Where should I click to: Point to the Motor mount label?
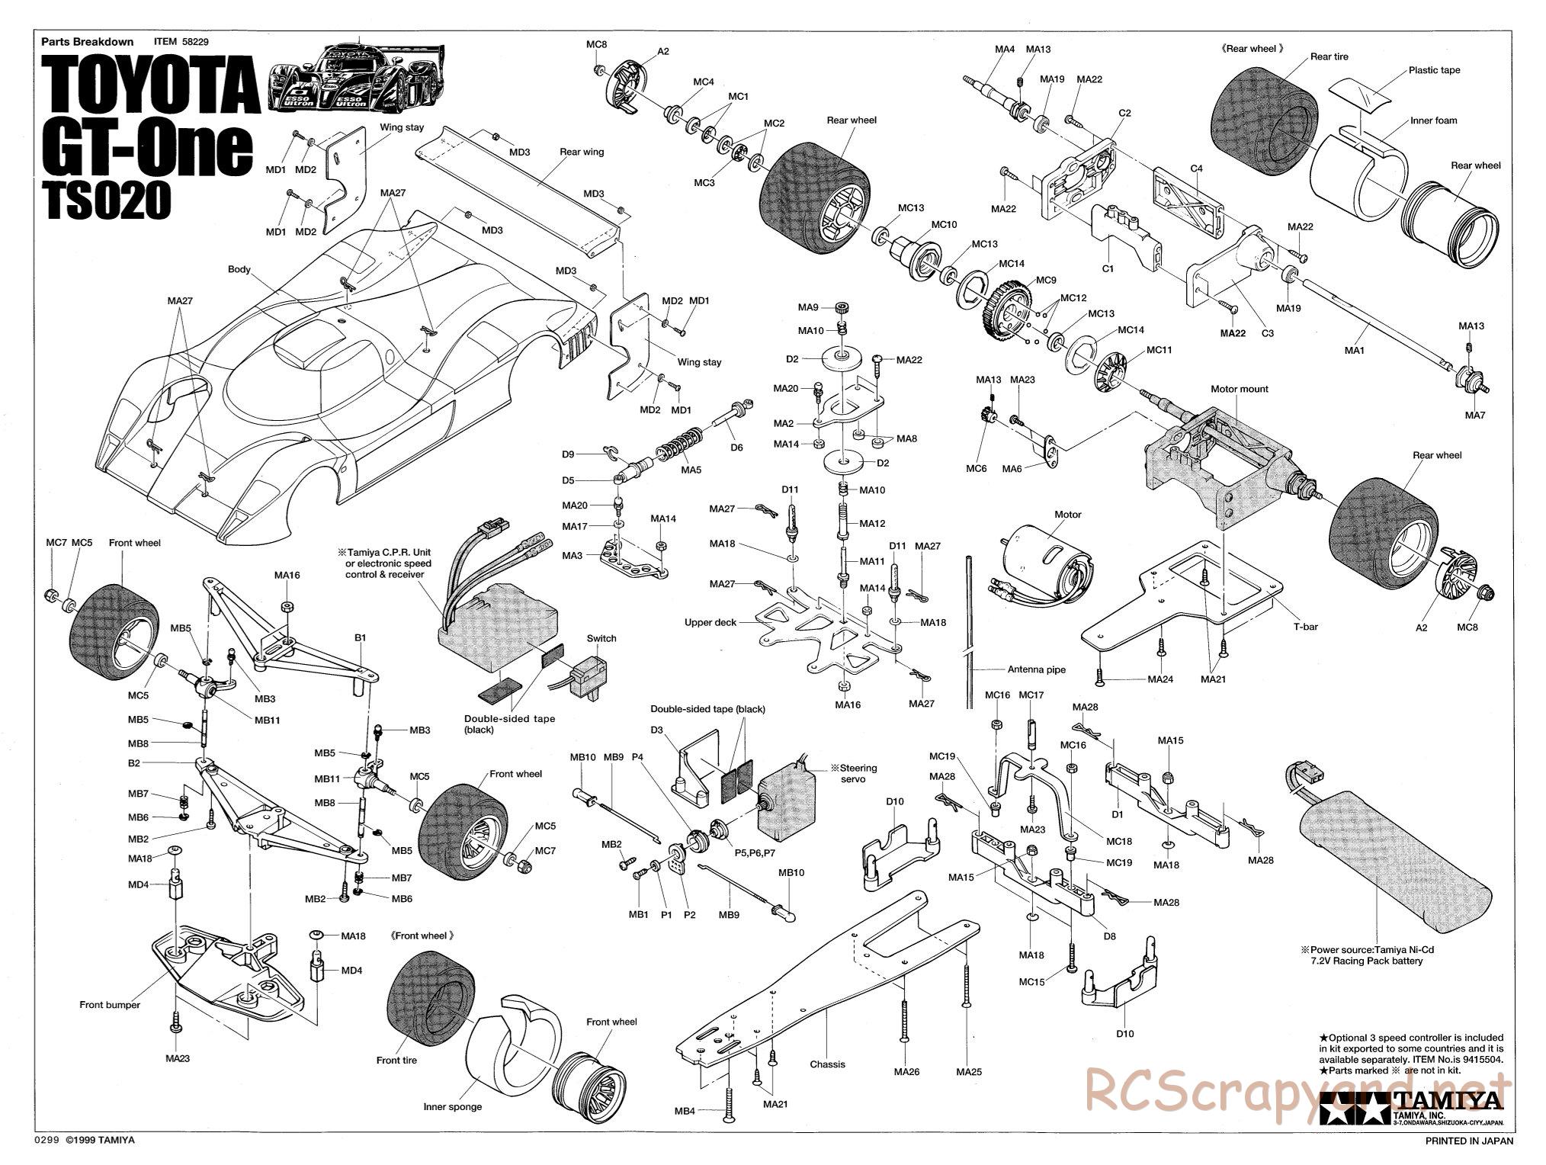click(1239, 389)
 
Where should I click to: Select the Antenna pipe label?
click(1036, 669)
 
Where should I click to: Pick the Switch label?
click(601, 638)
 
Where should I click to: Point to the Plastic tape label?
click(1433, 70)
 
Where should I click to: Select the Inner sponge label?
click(453, 1106)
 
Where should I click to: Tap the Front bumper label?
click(110, 1005)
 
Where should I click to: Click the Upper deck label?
click(710, 622)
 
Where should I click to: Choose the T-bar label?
click(1304, 627)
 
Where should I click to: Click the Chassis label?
click(827, 1064)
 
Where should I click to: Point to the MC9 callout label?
click(1046, 280)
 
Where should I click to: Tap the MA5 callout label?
click(691, 470)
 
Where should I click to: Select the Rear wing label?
click(582, 152)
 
